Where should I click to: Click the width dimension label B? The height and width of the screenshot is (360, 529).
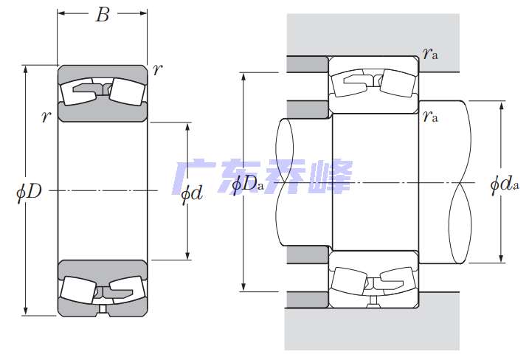[102, 15]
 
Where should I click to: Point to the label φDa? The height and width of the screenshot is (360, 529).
[248, 184]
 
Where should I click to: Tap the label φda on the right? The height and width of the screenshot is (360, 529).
[505, 184]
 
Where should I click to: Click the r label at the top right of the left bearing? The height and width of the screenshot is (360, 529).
[157, 70]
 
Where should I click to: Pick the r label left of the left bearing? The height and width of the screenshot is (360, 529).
[46, 116]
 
